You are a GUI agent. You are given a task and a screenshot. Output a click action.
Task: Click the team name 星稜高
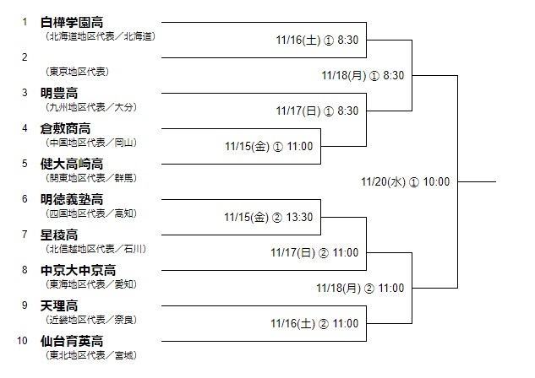coord(58,235)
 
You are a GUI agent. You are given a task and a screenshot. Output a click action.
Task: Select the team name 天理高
coord(58,305)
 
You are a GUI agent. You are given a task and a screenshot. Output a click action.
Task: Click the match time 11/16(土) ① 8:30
coord(317,39)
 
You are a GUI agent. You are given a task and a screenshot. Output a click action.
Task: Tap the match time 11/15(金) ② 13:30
coord(269,217)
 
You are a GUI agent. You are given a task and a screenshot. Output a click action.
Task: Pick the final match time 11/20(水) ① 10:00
coord(405,181)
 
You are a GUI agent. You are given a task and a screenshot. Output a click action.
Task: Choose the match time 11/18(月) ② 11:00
coord(363,288)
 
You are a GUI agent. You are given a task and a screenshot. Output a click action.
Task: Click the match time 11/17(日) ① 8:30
coord(317,111)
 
